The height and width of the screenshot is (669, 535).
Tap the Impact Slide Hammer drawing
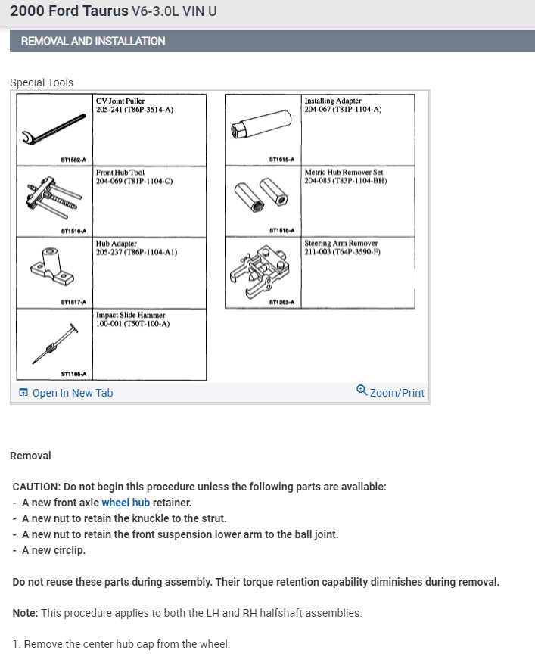(53, 343)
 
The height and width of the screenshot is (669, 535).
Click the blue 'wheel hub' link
(126, 503)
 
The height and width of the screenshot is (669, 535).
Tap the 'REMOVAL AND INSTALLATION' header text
(93, 41)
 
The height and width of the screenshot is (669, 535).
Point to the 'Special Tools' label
(42, 82)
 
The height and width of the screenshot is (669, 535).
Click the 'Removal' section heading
(30, 456)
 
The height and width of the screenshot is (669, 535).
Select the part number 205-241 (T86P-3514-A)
(135, 110)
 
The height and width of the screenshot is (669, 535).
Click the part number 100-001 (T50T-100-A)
(132, 324)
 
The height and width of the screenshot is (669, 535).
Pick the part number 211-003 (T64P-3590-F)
(342, 252)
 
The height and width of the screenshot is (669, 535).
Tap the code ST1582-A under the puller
(73, 160)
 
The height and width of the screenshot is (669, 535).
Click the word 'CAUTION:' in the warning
(36, 487)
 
